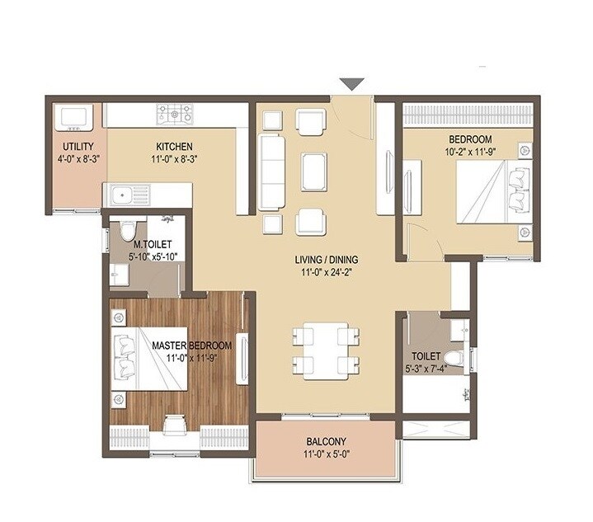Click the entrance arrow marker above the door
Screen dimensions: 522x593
tap(352, 83)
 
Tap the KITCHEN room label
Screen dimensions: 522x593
tap(173, 147)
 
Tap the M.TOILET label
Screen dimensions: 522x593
tap(152, 245)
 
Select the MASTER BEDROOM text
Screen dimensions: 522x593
tap(191, 345)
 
